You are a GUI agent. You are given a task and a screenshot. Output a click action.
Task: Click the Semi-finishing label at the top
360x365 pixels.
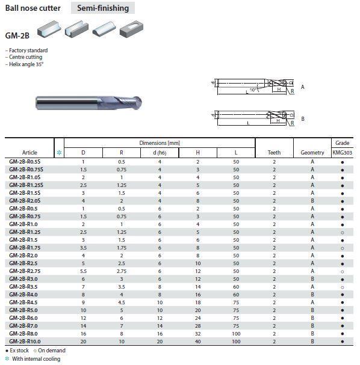pyautogui.click(x=103, y=8)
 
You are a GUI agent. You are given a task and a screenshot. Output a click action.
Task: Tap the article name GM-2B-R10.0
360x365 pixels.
pyautogui.click(x=25, y=342)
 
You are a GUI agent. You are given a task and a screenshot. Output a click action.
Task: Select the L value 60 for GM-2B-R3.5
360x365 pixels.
pyautogui.click(x=236, y=287)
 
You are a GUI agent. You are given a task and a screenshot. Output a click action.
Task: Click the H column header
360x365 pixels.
pyautogui.click(x=197, y=153)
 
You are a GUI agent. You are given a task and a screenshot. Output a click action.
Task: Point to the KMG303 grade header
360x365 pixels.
pyautogui.click(x=342, y=153)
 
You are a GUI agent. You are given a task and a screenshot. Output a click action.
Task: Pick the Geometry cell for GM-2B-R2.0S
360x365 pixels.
pyautogui.click(x=312, y=201)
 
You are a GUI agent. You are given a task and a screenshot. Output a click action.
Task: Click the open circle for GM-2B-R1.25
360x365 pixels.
pyautogui.click(x=343, y=233)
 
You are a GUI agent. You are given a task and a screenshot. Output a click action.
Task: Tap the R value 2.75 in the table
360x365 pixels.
pyautogui.click(x=122, y=271)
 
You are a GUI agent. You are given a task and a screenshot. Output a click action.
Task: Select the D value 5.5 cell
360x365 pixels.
pyautogui.click(x=83, y=271)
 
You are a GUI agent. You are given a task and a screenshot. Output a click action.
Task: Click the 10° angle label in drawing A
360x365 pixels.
pyautogui.click(x=253, y=90)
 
